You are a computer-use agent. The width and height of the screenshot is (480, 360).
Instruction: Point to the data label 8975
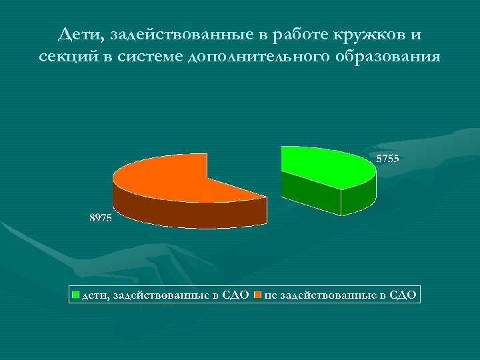click(x=101, y=218)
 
